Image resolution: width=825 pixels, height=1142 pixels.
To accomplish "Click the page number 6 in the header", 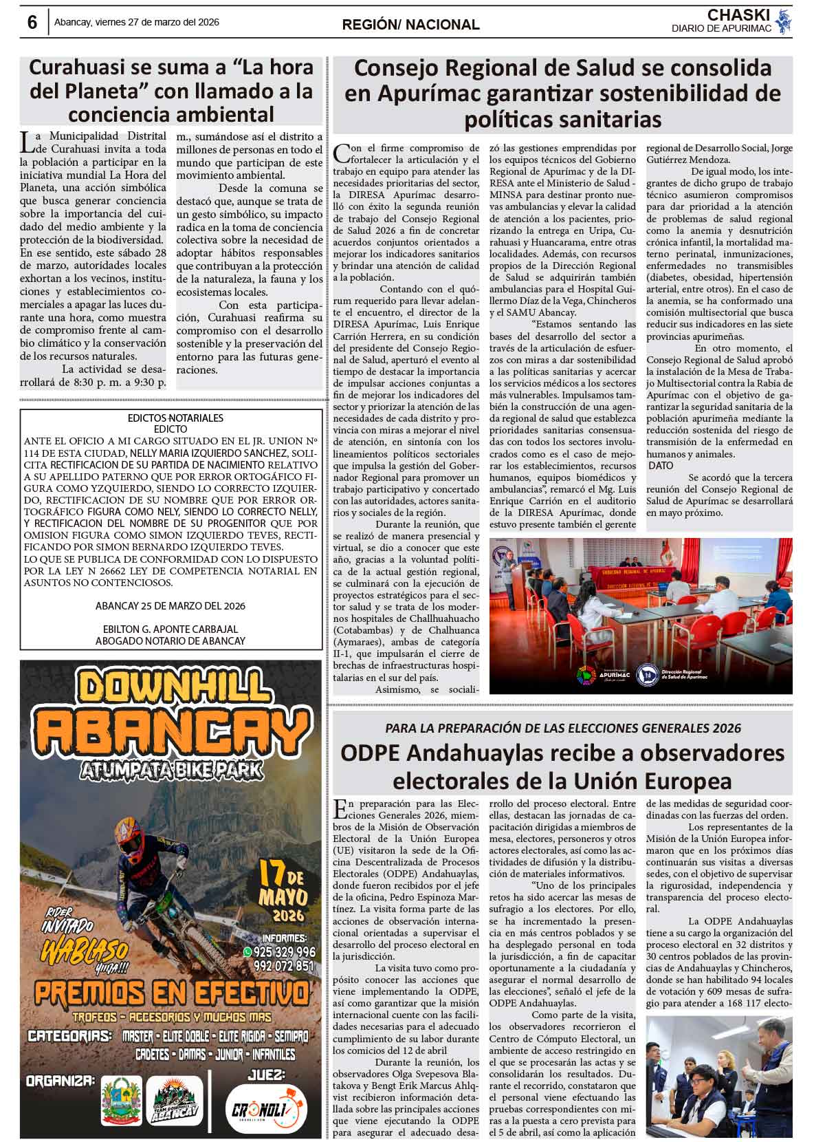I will pos(32,23).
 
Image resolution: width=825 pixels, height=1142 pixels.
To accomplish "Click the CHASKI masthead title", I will pos(738,15).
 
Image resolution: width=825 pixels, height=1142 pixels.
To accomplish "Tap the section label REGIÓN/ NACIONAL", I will pos(410,25).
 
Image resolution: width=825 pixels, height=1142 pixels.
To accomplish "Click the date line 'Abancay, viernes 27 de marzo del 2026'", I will pos(137,22).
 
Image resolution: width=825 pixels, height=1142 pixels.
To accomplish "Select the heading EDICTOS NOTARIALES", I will pos(175,418).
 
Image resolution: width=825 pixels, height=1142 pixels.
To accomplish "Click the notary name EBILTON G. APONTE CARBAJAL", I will pos(170,629).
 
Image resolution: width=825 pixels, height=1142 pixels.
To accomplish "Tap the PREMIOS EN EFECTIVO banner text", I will pos(171,993).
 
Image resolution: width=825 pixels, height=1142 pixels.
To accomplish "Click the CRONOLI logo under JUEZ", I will pos(265,1108).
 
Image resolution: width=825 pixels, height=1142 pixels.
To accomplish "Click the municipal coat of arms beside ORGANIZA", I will pos(122,1100).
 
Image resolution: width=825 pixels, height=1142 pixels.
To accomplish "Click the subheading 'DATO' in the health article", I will pos(661,466).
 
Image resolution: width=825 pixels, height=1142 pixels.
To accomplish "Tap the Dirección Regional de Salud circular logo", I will pos(647,675).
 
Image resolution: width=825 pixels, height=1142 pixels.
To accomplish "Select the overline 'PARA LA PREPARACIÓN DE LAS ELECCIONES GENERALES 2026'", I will pos(562,728).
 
